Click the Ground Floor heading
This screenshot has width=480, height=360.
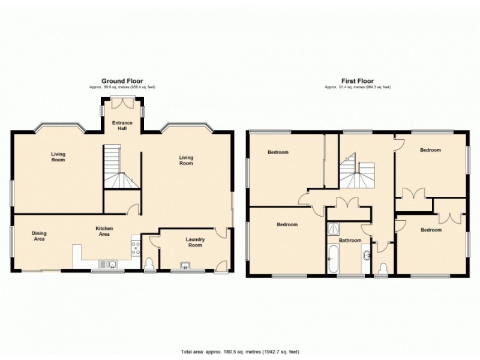pos(121,81)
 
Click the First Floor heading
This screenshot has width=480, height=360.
pos(357,81)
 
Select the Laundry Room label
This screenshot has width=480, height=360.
pos(195,243)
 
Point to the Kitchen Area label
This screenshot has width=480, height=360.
pos(104,231)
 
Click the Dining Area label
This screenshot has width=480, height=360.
pos(40,236)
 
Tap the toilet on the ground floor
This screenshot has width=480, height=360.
pos(150,264)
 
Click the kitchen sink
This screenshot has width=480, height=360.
pos(112,263)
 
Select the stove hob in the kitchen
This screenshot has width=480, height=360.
pos(135,246)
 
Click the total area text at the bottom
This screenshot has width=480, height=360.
pos(239,352)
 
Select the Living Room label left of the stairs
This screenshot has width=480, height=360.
pos(58,157)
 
